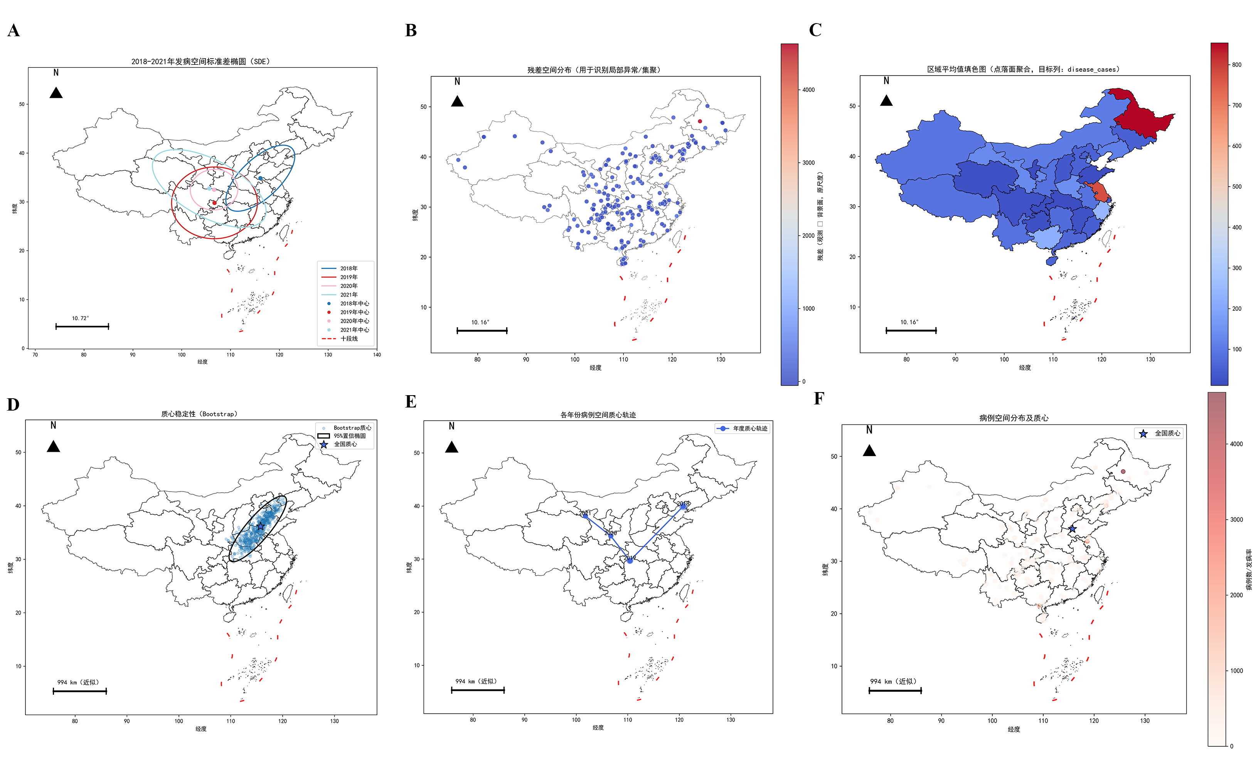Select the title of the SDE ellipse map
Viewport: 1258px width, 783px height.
200,62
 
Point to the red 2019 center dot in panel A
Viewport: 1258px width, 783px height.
214,202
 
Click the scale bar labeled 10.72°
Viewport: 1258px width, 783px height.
82,326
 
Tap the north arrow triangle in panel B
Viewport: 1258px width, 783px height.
457,101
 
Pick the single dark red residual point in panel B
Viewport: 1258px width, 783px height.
700,121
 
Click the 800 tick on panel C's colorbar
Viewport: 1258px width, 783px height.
1237,65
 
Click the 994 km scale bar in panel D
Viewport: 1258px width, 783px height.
80,691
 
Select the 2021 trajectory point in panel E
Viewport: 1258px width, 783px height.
585,516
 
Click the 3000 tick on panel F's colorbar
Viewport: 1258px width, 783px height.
1236,519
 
